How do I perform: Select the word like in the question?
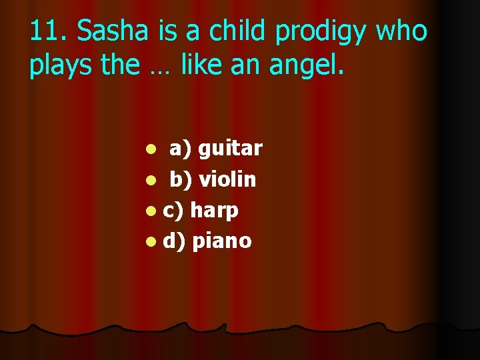point(203,66)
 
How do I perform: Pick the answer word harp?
point(214,211)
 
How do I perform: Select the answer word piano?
point(221,241)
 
